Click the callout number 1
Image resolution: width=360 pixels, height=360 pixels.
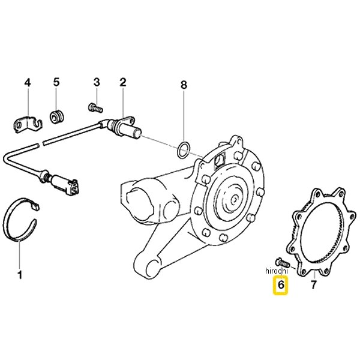[x=20, y=275]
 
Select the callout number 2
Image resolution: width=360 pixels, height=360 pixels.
[x=123, y=82]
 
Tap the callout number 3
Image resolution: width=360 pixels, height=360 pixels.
[x=97, y=82]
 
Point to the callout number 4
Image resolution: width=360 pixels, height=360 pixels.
[x=28, y=82]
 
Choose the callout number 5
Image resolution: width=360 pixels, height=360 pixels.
[x=56, y=82]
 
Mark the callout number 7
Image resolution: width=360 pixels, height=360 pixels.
[x=314, y=284]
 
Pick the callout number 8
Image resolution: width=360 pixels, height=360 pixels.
[x=184, y=85]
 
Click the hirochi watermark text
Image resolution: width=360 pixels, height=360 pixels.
[x=277, y=271]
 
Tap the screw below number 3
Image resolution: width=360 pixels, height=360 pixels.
[x=95, y=107]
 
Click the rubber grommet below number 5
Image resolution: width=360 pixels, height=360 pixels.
[x=57, y=117]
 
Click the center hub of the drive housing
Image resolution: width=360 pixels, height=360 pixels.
[x=234, y=199]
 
